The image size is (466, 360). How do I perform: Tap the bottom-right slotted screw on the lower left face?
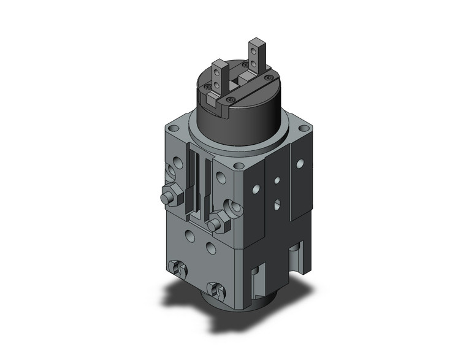click(215, 288)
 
